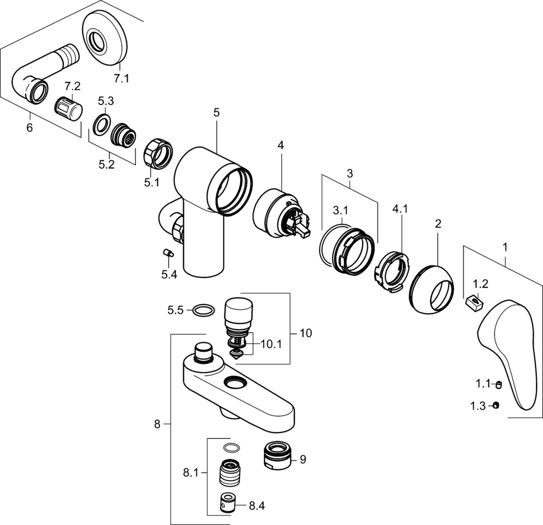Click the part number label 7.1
coord(121,78)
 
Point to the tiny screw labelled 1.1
coord(498,385)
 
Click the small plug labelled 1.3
coord(496,405)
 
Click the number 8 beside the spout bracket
coord(157,424)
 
